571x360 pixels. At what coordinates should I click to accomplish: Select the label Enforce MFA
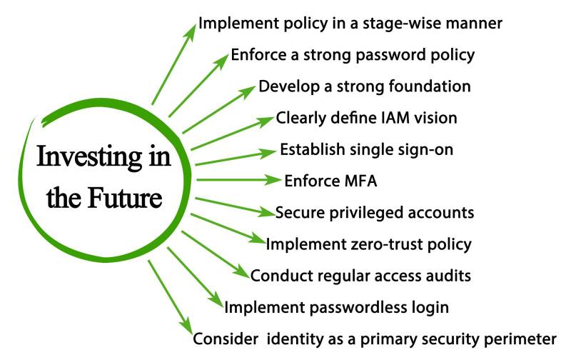point(330,181)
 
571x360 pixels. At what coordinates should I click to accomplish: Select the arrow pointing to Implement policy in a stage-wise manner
point(173,64)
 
